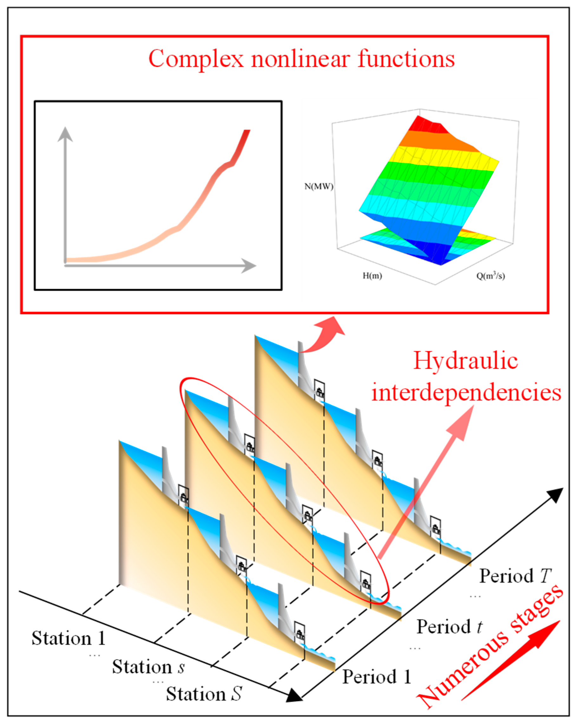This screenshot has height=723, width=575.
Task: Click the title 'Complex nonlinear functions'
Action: pos(301,59)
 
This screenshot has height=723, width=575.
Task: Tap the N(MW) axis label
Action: pos(318,186)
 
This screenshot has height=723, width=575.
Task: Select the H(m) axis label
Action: pos(372,276)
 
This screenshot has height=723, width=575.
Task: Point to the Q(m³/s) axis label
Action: pos(490,276)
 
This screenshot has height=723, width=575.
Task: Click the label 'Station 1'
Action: pos(69,638)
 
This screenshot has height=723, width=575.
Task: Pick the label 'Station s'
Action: pos(148,666)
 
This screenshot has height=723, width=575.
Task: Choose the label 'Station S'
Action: pos(204,694)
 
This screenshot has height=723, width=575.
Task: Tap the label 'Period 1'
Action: pos(376,677)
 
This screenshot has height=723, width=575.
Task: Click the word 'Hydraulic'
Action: pos(465,361)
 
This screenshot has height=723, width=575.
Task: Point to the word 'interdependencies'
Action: pos(466,392)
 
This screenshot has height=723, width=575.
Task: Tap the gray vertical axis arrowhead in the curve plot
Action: pos(65,134)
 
